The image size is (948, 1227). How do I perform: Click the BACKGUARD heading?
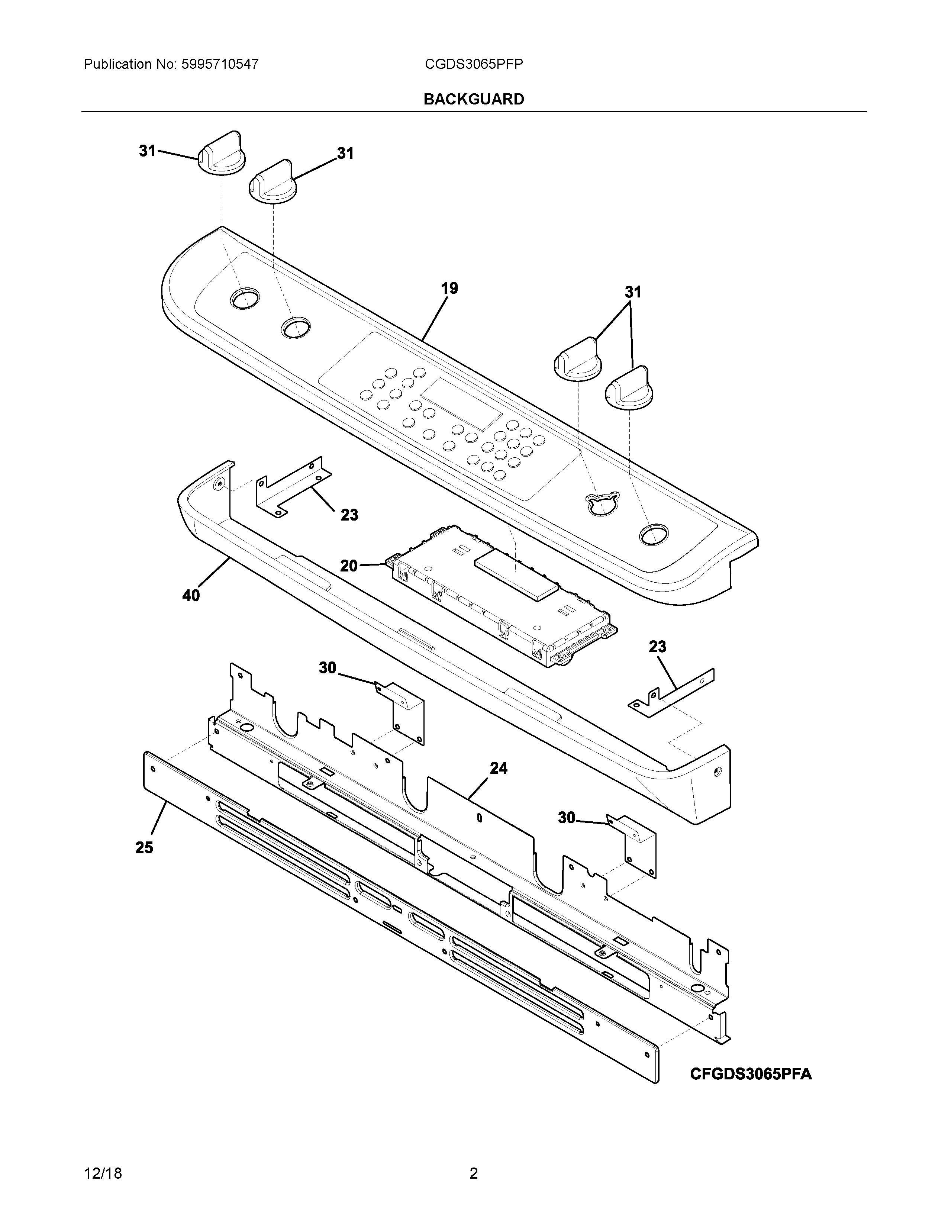pyautogui.click(x=473, y=99)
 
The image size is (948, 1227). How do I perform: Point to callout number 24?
pyautogui.click(x=498, y=768)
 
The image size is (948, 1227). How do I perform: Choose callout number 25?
pyautogui.click(x=144, y=848)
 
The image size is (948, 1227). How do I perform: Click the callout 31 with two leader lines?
pyautogui.click(x=633, y=292)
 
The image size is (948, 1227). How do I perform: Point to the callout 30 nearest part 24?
pyautogui.click(x=566, y=818)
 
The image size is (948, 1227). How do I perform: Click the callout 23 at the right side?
pyautogui.click(x=657, y=647)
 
